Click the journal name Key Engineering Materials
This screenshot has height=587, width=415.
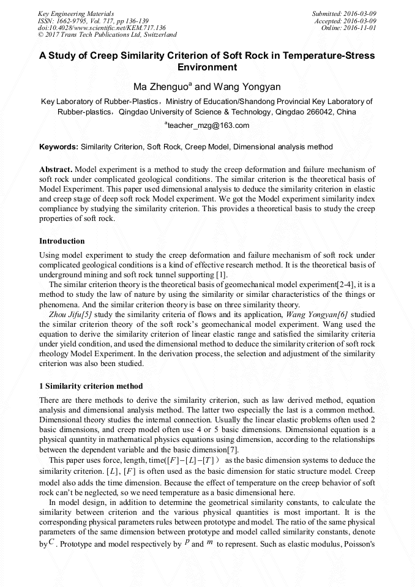click(x=76, y=13)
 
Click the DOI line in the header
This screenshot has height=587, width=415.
click(x=102, y=28)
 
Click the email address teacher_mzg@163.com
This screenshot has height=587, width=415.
click(x=208, y=125)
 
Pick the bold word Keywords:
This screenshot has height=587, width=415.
click(x=59, y=148)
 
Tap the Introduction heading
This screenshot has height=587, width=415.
click(x=62, y=241)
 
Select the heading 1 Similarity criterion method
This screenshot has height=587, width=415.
click(x=91, y=386)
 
